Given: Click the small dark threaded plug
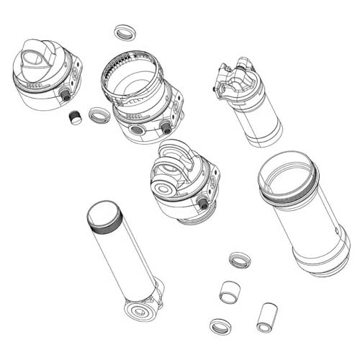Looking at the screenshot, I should [74, 117].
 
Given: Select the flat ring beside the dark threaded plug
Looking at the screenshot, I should [99, 114].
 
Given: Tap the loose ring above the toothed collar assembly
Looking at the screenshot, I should [125, 32].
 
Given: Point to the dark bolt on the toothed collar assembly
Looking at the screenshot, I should [166, 127].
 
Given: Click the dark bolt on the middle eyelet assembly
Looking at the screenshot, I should [204, 203].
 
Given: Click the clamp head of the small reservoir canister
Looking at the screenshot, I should [234, 78].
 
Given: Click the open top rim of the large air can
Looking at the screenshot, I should [286, 172].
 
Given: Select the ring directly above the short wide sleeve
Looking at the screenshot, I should [239, 259].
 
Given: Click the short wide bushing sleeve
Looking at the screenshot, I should [230, 292].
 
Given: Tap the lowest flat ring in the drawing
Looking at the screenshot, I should [220, 326].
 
